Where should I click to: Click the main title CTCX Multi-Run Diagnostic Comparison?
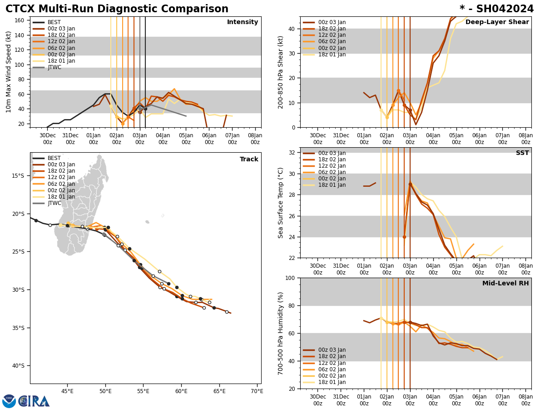tap(117, 9)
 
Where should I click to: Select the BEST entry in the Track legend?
tap(54, 158)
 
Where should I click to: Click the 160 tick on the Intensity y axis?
tap(20, 20)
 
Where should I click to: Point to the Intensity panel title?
tap(243, 22)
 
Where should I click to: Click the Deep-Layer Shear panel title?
tap(497, 22)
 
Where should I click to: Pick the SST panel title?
tap(522, 153)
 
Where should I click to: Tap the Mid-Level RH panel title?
tap(505, 284)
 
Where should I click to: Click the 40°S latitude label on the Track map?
tap(18, 366)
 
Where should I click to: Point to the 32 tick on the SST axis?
tap(292, 153)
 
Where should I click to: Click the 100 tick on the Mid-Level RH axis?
tap(291, 278)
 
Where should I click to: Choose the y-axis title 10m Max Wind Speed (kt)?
tap(9, 72)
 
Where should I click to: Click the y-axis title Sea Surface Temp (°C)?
tap(281, 203)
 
